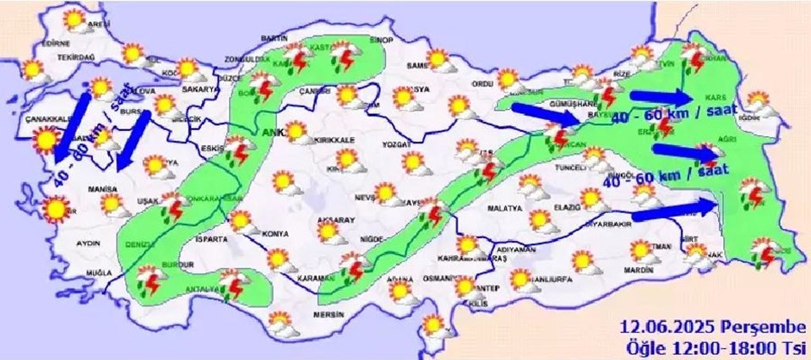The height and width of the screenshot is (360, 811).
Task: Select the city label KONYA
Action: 275,233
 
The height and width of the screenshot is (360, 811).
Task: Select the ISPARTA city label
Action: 210,239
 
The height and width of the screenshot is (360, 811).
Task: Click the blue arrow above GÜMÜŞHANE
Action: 546,113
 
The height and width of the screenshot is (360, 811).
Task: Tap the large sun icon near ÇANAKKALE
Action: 49,139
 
